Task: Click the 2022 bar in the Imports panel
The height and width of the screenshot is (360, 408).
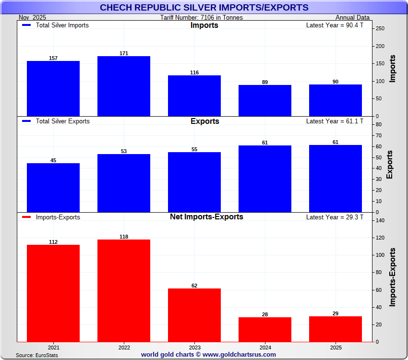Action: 124,86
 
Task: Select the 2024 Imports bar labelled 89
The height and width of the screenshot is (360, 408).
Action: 265,100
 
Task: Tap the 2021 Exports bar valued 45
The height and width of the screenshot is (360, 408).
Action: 53,188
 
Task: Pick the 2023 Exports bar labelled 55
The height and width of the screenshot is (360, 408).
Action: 194,182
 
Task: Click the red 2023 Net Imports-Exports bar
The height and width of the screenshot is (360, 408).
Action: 194,315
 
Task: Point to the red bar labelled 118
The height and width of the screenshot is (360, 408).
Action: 124,290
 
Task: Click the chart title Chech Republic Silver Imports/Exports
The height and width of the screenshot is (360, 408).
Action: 204,8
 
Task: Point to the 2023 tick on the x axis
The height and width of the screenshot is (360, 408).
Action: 194,347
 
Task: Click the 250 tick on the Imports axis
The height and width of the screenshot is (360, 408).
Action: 380,29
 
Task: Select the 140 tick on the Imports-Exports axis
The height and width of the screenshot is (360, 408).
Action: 380,221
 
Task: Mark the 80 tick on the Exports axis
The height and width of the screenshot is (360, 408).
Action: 378,125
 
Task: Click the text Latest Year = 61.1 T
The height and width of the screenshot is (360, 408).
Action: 335,121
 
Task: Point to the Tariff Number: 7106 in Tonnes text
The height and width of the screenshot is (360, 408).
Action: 202,18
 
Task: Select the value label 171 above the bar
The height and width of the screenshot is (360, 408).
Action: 124,53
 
